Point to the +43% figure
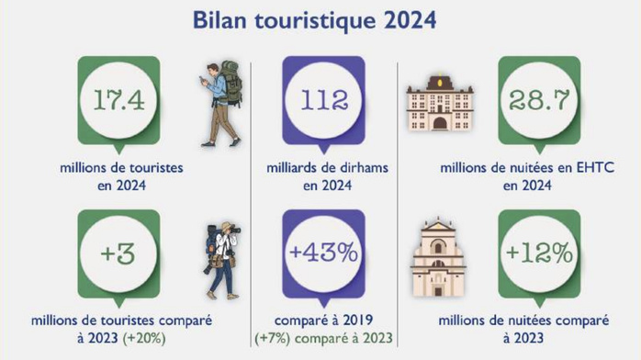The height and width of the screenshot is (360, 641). [x=323, y=252]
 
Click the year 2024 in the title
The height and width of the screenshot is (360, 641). [x=406, y=19]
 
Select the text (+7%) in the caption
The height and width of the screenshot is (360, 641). [x=275, y=337]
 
